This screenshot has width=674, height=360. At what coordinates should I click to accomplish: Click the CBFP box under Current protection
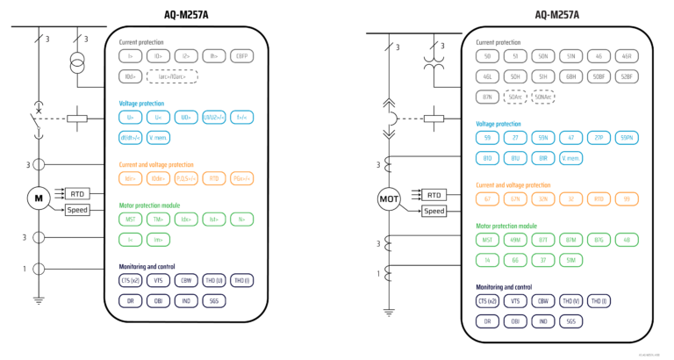coord(240,55)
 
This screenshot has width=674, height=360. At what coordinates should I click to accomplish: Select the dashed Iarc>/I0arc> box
coord(173,76)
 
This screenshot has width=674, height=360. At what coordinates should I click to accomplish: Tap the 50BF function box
coord(599,76)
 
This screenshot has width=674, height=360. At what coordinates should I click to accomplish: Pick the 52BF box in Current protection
coord(627,76)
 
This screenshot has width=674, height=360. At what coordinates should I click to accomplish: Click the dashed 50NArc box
coord(543,97)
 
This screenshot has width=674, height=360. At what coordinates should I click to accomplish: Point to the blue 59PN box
coord(627,138)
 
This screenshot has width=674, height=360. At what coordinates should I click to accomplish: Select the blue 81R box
coord(543,158)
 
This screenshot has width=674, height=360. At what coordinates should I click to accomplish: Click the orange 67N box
coord(515,200)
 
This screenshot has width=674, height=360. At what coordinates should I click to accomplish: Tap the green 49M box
coord(515,241)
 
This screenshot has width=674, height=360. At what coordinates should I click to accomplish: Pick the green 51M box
coord(571,261)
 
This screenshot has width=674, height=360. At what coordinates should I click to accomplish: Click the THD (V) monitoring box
coord(571,301)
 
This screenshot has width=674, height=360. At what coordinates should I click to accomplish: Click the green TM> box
coord(158,219)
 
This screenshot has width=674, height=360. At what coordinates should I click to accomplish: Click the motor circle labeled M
coord(39,198)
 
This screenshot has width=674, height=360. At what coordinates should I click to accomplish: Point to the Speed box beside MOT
coord(434,211)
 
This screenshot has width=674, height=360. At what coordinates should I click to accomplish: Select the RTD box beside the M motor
coord(78,193)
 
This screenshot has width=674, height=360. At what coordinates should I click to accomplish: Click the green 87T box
coord(543,241)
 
